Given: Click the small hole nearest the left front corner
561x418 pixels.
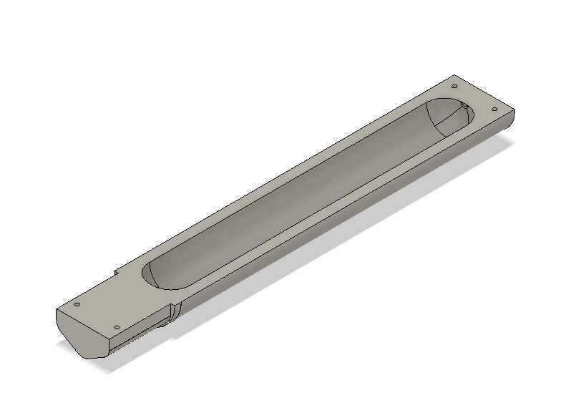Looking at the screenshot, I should click(x=77, y=305).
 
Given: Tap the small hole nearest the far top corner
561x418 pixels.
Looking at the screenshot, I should click(x=454, y=87).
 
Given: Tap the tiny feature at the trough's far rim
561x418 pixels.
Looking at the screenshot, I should click(x=464, y=106).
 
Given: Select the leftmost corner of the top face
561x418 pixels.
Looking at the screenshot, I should click(x=57, y=309).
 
